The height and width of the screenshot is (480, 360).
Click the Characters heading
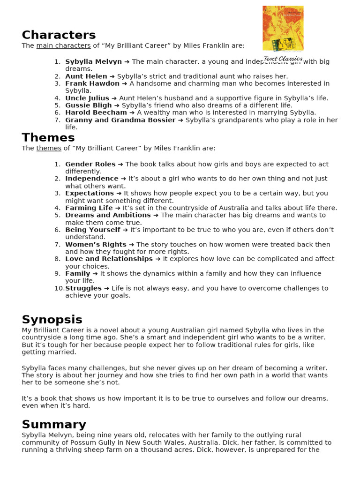[x=59, y=35]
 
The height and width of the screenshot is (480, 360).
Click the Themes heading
[x=48, y=138]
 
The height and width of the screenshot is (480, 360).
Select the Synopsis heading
[x=52, y=320]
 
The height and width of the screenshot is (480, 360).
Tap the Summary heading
[x=54, y=425]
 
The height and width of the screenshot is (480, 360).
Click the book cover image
[x=283, y=28]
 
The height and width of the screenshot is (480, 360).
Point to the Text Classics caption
[x=283, y=59]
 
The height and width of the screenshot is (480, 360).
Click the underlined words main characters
[x=63, y=45]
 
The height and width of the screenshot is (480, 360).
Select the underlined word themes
[x=49, y=148]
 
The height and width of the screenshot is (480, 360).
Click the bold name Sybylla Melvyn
[x=93, y=62]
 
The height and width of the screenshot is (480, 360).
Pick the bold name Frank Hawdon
[x=92, y=83]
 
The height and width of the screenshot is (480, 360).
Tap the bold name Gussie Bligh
[x=89, y=105]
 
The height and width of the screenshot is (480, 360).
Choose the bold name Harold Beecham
[x=96, y=112]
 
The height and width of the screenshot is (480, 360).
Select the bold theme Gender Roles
[x=90, y=164]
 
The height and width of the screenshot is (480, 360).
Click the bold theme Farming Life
[x=89, y=208]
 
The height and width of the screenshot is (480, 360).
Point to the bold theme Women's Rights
[x=96, y=245]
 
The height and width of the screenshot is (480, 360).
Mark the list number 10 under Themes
[x=59, y=288]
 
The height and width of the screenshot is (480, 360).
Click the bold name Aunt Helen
[x=86, y=76]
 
